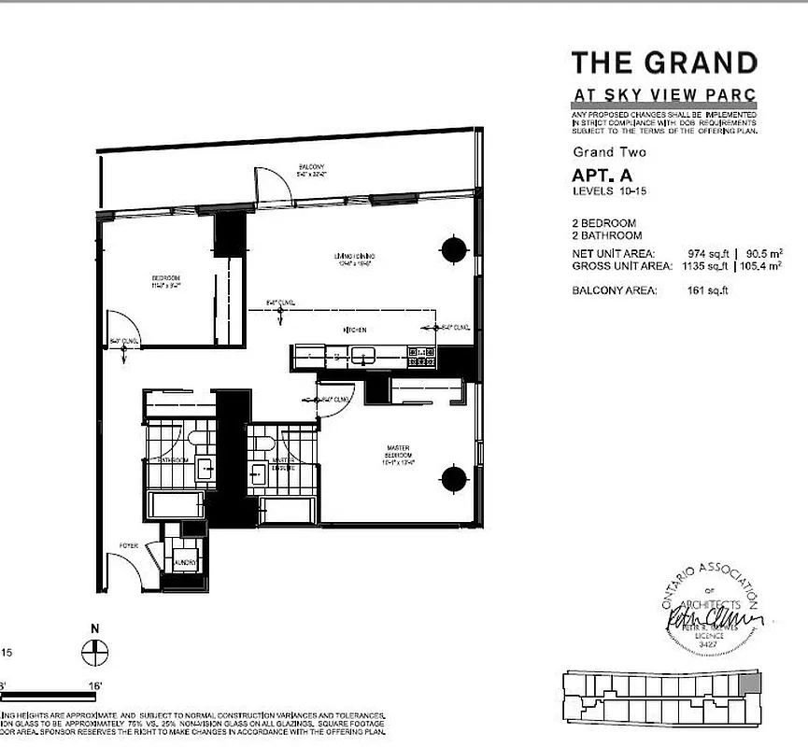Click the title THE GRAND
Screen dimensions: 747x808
tap(664, 63)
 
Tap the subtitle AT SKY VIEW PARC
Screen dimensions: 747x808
tap(664, 96)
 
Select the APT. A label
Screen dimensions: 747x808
tap(603, 175)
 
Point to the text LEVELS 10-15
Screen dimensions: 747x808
tap(609, 191)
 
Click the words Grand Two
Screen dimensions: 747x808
tap(609, 152)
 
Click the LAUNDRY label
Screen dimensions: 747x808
tap(183, 563)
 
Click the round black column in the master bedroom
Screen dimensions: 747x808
tap(453, 479)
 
